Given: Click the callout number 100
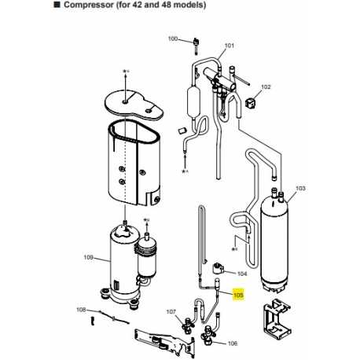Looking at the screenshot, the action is (173, 39).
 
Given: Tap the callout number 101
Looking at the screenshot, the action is (230, 46).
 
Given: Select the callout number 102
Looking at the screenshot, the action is (266, 86).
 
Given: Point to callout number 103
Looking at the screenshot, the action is (300, 188).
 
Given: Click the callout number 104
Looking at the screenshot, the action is (242, 274).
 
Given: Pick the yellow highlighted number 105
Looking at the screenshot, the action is (238, 296).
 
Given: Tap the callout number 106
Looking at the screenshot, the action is (233, 343).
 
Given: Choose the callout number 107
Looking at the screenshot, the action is (171, 312).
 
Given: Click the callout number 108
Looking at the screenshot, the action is (81, 310).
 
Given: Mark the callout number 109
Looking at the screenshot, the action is (88, 257).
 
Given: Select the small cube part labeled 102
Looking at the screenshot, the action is (250, 102).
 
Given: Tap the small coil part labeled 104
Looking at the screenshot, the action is (217, 268).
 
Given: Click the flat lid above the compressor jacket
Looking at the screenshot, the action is (134, 105).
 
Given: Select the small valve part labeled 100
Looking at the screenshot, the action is (196, 46).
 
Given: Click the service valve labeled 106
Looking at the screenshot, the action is (208, 332).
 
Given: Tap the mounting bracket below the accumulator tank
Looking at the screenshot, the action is (277, 318).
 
